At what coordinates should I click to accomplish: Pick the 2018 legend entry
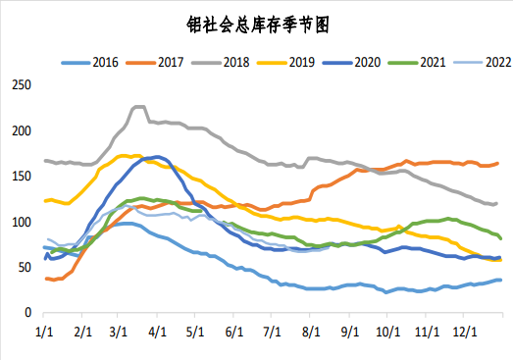point(227,62)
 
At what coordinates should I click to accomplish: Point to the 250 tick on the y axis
point(22,85)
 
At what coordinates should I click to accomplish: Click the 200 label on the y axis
point(22,130)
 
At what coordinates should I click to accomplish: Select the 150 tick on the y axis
point(22,177)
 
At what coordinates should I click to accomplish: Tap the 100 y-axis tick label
point(22,222)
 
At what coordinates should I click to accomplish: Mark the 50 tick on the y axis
point(25,267)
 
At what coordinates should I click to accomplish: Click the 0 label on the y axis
point(28,313)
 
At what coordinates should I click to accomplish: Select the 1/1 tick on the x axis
point(44,333)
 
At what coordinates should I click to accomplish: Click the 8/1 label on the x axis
point(312,333)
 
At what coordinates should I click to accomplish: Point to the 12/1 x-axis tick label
point(464,333)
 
